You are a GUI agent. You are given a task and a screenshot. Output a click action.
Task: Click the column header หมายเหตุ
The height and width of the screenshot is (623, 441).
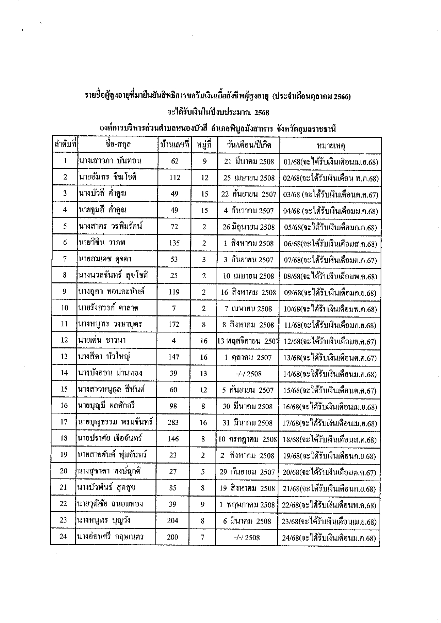pos(331,145)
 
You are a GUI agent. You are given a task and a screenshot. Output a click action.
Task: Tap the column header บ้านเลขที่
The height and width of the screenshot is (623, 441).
pos(174,145)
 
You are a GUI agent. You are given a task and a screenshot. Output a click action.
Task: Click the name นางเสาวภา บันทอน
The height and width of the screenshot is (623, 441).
pos(110,161)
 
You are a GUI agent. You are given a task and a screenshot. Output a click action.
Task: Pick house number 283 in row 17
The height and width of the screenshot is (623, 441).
pos(173,422)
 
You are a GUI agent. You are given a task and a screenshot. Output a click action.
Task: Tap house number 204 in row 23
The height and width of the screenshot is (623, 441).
pos(173,521)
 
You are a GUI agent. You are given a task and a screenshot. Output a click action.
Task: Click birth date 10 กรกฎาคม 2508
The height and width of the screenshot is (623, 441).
pos(247,439)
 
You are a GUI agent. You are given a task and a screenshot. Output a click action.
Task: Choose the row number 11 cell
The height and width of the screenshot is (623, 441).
pos(64,324)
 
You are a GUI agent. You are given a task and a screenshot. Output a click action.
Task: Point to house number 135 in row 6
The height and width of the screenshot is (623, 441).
pos(174,243)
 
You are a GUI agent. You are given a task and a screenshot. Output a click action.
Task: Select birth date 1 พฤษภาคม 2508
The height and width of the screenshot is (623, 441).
pos(247,505)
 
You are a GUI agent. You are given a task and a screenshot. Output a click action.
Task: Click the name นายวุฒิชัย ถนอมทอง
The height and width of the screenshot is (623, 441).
pos(110,504)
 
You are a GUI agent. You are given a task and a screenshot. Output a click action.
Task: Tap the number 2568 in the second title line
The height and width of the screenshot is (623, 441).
pos(262,113)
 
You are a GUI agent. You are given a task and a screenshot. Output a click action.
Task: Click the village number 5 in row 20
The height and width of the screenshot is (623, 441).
pos(203,471)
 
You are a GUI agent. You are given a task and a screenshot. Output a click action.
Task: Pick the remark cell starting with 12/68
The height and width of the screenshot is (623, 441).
pos(330,342)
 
